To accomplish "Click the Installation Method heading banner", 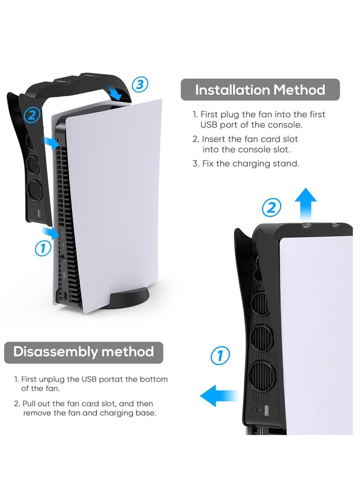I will click(260, 90).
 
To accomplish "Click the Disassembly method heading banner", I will click(84, 351).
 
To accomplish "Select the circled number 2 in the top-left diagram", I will click(31, 115).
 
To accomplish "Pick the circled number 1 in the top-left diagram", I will click(42, 248).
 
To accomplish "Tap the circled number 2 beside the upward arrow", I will click(272, 207).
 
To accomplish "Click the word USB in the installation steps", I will click(210, 125).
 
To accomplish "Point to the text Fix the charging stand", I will click(250, 163).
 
